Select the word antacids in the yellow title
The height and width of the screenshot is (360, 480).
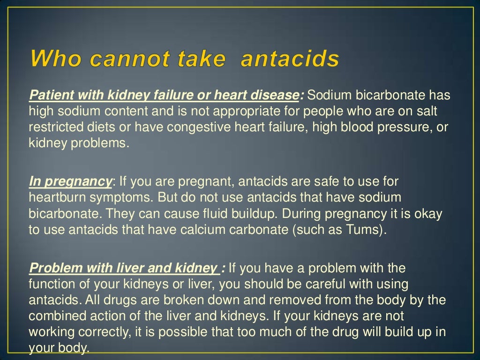pos(289,60)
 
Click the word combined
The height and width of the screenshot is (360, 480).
pos(56,316)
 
